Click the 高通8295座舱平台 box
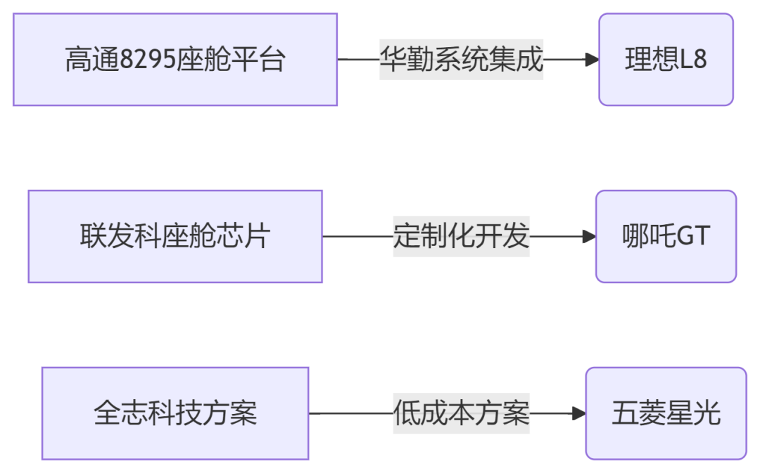pos(175,60)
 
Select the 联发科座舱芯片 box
pos(175,236)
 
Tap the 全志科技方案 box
pos(175,413)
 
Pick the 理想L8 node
pos(666,60)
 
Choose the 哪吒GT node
pos(666,236)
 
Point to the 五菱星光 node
pos(666,413)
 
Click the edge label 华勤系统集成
pos(461,60)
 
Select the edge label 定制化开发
pos(461,236)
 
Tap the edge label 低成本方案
pos(461,413)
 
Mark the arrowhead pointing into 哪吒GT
pos(589,236)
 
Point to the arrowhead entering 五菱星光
pos(578,413)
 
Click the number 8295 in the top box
pos(148,60)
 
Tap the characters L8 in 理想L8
pos(694,60)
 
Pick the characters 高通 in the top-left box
pos(93,60)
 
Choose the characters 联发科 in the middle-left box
pos(121,236)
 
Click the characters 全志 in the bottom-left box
pos(121,413)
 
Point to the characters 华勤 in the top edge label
pos(407,60)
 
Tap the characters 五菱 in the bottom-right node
pos(639,413)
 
